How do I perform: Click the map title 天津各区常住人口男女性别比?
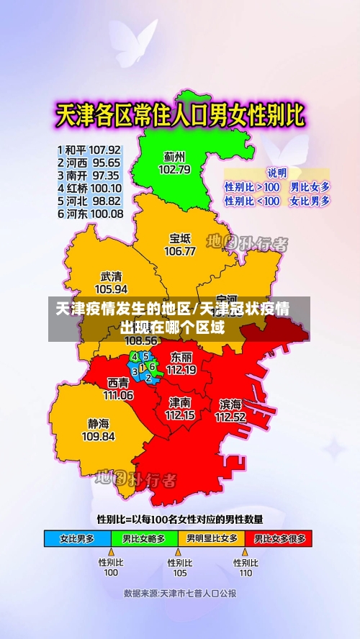pyautogui.click(x=180, y=115)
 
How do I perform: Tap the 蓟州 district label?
pyautogui.click(x=174, y=156)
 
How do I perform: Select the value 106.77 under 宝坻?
pyautogui.click(x=180, y=251)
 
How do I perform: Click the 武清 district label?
pyautogui.click(x=112, y=276)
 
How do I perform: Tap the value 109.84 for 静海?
pyautogui.click(x=99, y=436)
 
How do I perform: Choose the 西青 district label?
pyautogui.click(x=119, y=382)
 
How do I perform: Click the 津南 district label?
pyautogui.click(x=180, y=402)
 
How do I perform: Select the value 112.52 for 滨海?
pyautogui.click(x=230, y=417)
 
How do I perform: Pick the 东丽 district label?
pyautogui.click(x=181, y=357)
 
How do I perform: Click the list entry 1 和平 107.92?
pyautogui.click(x=89, y=150)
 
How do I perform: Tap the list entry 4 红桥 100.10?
pyautogui.click(x=89, y=189)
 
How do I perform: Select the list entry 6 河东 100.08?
pyautogui.click(x=89, y=214)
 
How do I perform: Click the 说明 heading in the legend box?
pyautogui.click(x=277, y=173)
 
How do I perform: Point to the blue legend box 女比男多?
pyautogui.click(x=78, y=538)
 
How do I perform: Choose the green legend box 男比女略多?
pyautogui.click(x=144, y=538)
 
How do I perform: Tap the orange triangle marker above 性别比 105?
pyautogui.click(x=178, y=552)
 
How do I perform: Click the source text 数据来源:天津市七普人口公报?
pyautogui.click(x=180, y=594)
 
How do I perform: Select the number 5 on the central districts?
pyautogui.click(x=145, y=355)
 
